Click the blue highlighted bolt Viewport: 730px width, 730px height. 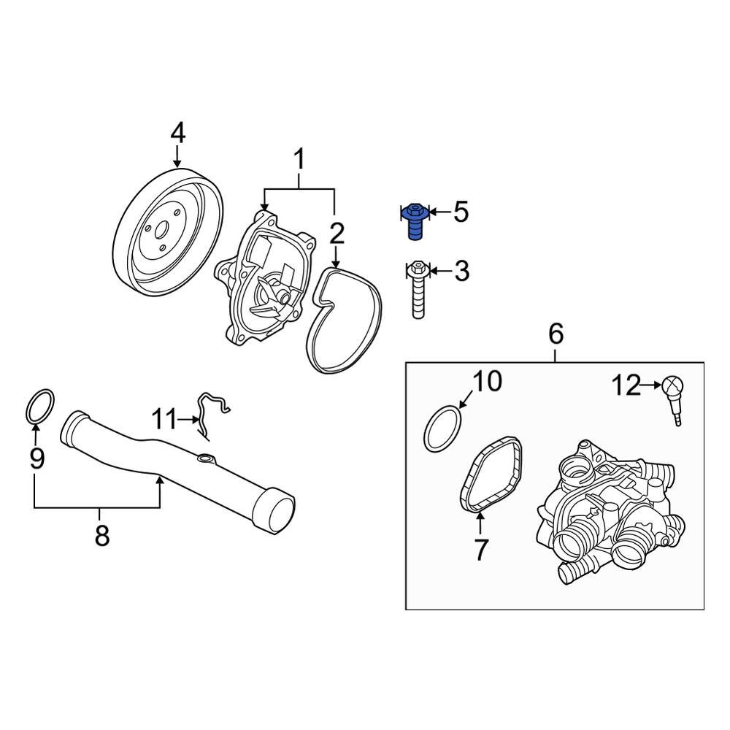415,221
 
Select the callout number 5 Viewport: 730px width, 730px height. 461,212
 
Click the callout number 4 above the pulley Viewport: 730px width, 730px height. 177,134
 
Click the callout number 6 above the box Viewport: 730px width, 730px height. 556,335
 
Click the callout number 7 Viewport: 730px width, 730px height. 480,550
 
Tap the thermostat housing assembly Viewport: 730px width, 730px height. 612,515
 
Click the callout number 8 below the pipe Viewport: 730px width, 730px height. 101,536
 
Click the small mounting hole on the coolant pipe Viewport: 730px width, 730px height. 206,459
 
